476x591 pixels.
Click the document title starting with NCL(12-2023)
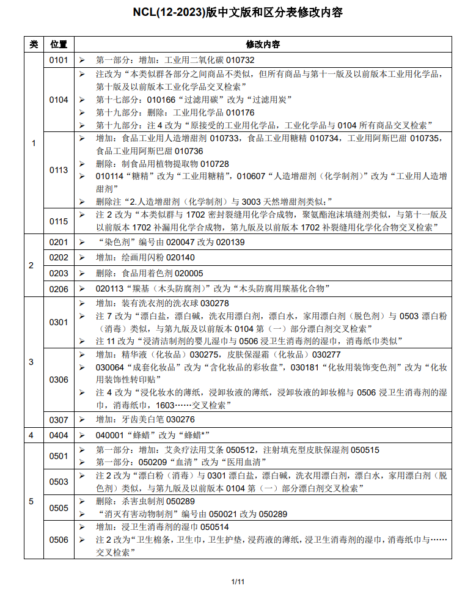coord(238,13)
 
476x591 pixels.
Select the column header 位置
coord(59,45)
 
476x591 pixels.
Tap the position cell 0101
coord(59,60)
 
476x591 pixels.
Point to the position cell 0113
coord(59,170)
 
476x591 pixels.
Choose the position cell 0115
coord(59,221)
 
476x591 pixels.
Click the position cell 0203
coord(59,273)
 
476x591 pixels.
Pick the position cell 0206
coord(59,288)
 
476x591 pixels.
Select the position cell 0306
coord(59,380)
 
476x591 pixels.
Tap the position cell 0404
coord(59,435)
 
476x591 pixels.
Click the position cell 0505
coord(59,507)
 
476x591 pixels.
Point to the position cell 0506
coord(59,539)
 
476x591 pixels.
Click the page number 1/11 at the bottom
coord(238,581)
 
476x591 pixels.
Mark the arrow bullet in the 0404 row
coord(82,435)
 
